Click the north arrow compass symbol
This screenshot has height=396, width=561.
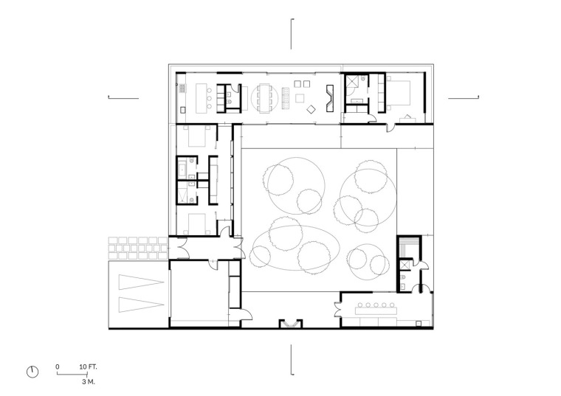coord(32,372)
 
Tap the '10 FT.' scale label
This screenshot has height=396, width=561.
coord(88,367)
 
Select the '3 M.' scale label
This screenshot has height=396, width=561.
coord(89,382)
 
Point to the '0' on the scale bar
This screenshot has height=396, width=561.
coord(58,367)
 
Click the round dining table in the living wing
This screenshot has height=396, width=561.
coord(264,98)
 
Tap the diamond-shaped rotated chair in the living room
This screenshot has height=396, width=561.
coord(311,109)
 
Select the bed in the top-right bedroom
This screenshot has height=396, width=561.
coord(398,93)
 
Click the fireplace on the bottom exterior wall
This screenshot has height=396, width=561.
coord(291,324)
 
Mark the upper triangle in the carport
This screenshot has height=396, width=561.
coord(141,282)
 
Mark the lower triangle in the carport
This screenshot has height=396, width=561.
coord(141,305)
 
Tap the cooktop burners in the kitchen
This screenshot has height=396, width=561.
coord(182,88)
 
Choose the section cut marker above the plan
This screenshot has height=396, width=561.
coord(292,34)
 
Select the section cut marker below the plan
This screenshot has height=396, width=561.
coord(292,360)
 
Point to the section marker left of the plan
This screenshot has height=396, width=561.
coord(123,97)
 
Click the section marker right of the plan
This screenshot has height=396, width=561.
coord(464,97)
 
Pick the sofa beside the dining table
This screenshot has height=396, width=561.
coord(286,98)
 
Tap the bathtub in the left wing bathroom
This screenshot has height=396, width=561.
coord(181,169)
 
